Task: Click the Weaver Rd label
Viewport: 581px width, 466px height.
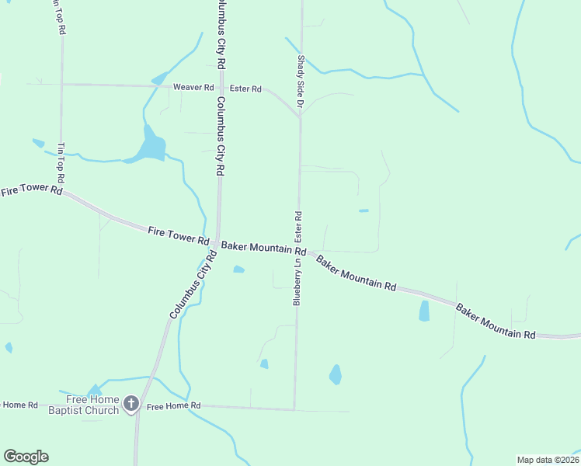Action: [x=193, y=88]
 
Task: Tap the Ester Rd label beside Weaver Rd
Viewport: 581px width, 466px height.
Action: [x=245, y=89]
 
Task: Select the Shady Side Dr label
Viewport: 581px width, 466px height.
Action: [x=299, y=80]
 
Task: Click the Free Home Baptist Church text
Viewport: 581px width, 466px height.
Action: [x=84, y=405]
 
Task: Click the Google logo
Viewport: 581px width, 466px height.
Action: [x=26, y=457]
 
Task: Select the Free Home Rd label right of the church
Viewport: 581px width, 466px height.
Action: [x=174, y=406]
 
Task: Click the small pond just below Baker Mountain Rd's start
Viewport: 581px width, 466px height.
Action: [x=238, y=270]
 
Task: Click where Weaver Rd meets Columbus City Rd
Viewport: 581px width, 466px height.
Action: [x=221, y=86]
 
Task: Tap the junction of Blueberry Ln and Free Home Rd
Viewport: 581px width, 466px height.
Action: [x=294, y=409]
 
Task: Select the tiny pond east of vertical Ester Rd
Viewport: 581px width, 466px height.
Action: [x=364, y=210]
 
